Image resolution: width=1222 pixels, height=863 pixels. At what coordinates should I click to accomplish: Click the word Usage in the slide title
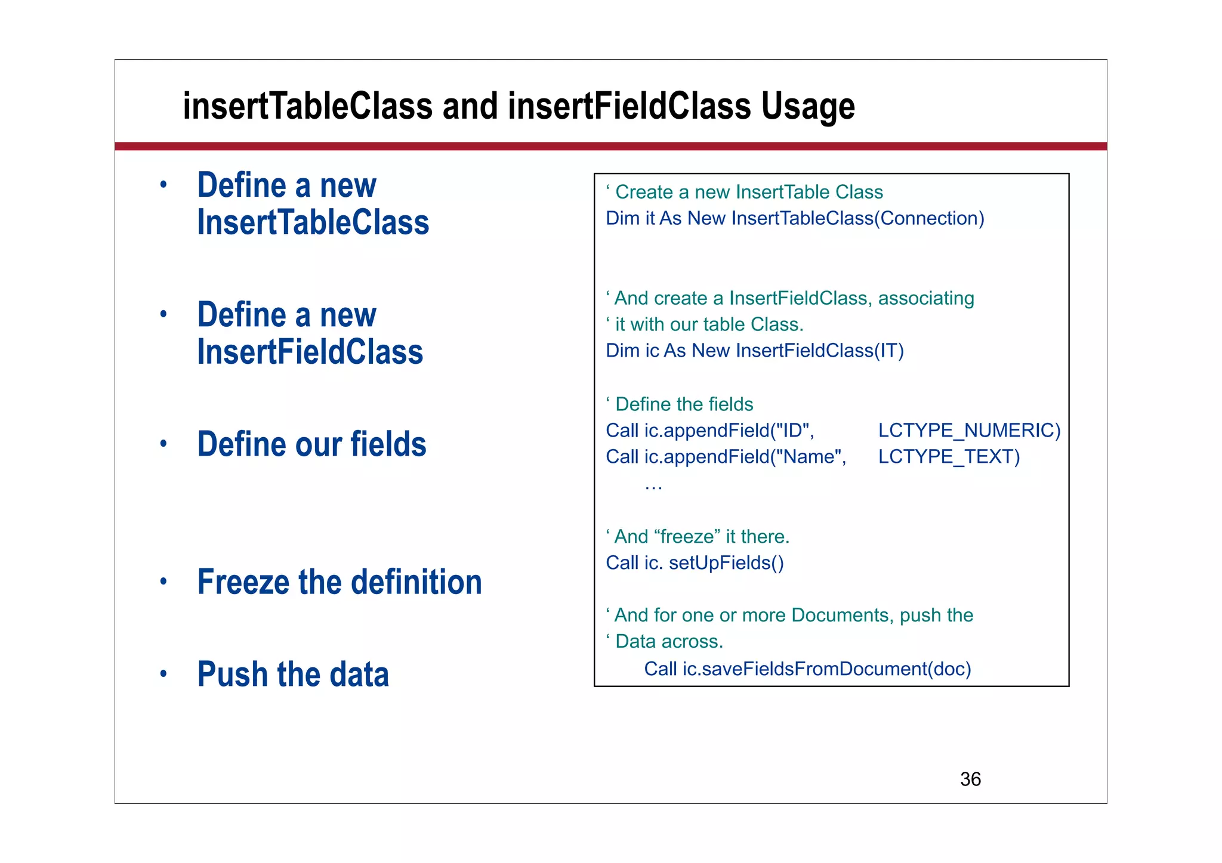point(808,107)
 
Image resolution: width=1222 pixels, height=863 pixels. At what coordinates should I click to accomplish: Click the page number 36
point(970,779)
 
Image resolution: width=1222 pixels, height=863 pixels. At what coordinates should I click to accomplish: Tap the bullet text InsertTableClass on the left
point(313,222)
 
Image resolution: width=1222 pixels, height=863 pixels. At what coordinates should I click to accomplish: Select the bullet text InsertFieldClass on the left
point(310,352)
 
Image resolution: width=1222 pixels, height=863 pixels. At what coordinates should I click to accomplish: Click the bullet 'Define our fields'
point(311,444)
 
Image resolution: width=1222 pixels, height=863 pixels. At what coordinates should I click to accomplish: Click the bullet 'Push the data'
point(293,675)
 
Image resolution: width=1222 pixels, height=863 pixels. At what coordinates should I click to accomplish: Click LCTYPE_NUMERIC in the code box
point(969,431)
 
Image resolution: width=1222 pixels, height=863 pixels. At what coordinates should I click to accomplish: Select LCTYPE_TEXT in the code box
point(949,457)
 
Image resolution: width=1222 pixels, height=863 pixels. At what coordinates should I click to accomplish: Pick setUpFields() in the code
point(726,563)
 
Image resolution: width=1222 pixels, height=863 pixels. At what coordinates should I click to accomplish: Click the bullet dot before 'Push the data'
point(163,675)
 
